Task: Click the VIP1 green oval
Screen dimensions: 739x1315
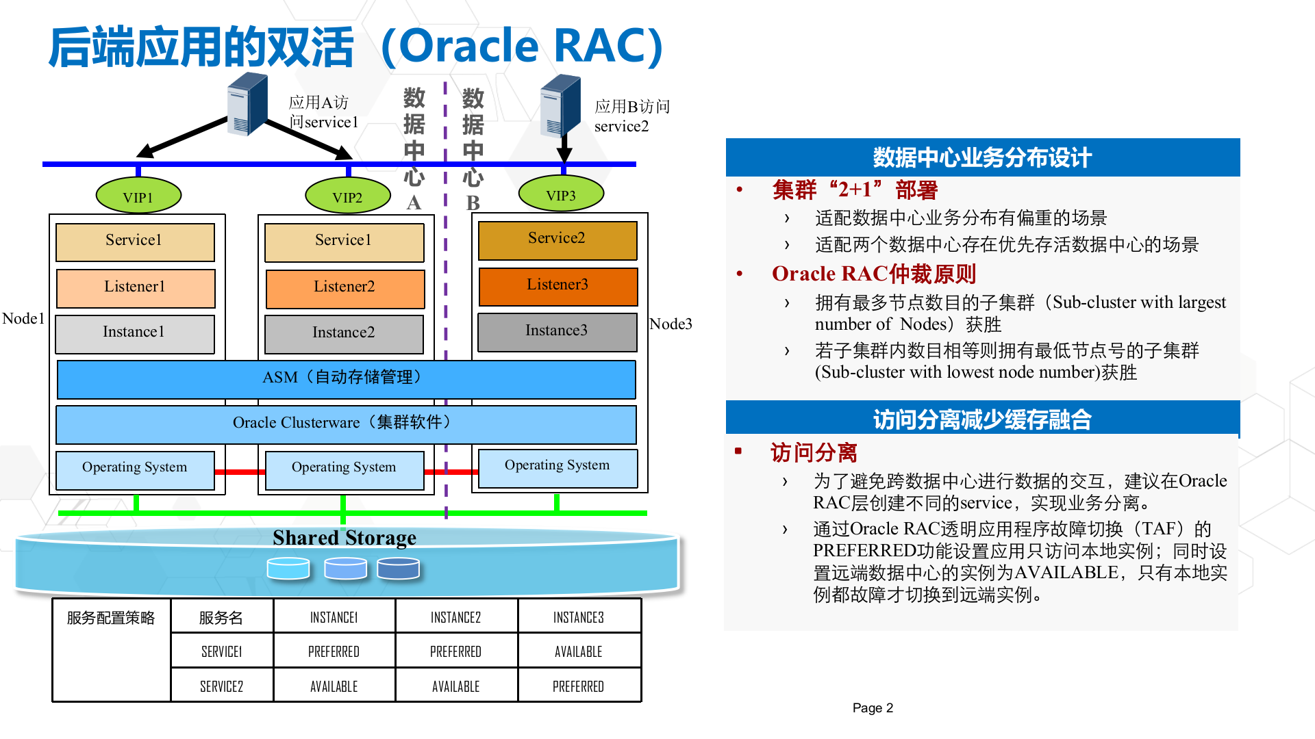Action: (x=138, y=197)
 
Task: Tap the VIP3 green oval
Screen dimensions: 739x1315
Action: (x=561, y=195)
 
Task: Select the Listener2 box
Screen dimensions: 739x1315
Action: (x=345, y=287)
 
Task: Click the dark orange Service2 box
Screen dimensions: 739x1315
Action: (x=557, y=239)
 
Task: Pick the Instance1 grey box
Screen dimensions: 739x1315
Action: (x=134, y=333)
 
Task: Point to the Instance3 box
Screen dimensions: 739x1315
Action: (x=557, y=331)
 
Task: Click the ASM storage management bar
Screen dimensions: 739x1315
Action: (x=346, y=378)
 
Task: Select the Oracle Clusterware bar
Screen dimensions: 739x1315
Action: (x=346, y=424)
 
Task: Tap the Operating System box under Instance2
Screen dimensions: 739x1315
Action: (x=344, y=469)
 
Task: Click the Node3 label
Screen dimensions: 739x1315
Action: (x=671, y=324)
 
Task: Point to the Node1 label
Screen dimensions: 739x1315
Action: (x=23, y=319)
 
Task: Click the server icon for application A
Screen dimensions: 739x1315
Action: (x=247, y=105)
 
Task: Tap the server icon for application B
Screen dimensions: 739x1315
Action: (x=560, y=106)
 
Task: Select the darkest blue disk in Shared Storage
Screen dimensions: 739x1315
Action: (x=398, y=568)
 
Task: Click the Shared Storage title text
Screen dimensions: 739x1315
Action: (x=344, y=538)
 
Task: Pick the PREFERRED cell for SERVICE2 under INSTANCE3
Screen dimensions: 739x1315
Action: (x=579, y=686)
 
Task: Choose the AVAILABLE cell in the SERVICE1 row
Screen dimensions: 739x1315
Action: (x=579, y=651)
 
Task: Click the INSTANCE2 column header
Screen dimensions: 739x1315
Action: (x=456, y=617)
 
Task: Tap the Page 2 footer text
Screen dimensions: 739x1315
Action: (x=873, y=708)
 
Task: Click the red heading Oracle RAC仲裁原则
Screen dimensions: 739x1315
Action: (x=874, y=274)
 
